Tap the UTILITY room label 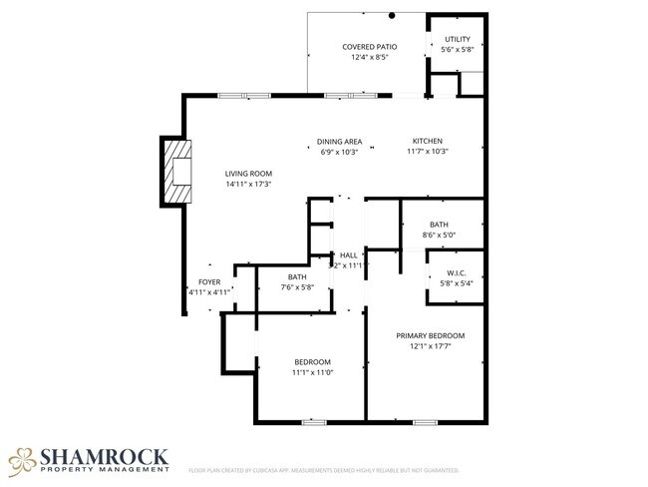click(458, 40)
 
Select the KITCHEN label click(428, 141)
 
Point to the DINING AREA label click(339, 141)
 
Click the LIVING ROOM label click(248, 174)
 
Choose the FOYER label click(209, 282)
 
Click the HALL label click(349, 255)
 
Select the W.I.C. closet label click(457, 272)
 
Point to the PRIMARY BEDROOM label click(430, 336)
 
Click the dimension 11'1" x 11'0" click(312, 372)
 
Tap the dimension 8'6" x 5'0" click(440, 236)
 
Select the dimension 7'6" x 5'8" click(297, 287)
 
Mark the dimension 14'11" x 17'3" click(248, 184)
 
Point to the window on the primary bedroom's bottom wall click(425, 422)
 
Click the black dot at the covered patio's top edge click(393, 15)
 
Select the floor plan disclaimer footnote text click(324, 469)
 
